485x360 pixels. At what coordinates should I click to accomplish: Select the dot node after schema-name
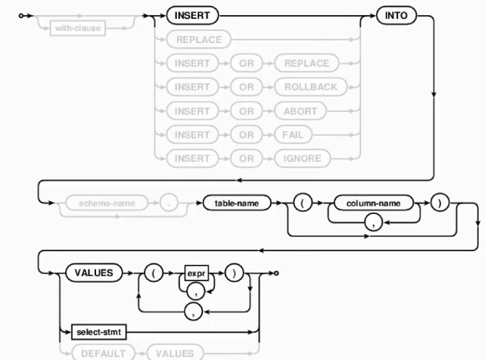171,204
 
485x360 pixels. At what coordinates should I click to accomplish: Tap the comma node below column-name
373,220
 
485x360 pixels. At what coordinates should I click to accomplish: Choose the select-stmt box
94,331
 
